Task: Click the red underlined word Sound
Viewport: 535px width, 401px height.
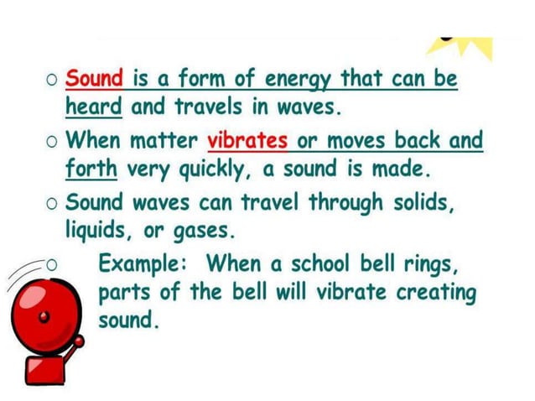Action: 95,80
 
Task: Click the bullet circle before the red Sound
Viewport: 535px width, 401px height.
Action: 52,81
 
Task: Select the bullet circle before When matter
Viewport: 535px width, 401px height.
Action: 52,140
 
